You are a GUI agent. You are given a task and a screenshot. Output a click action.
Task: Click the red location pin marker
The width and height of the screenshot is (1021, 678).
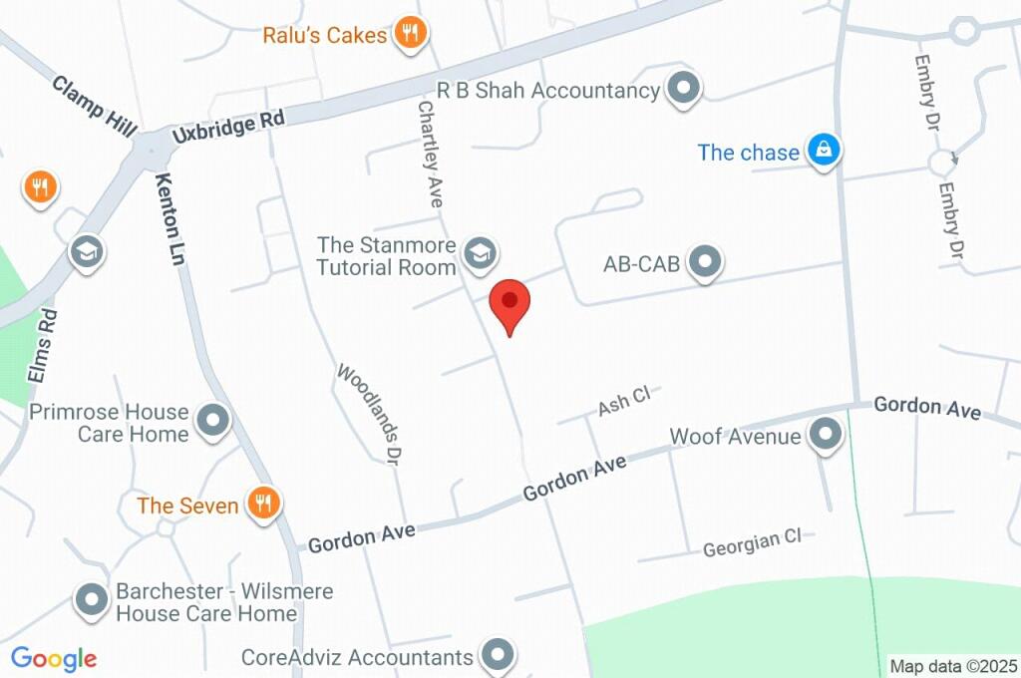(x=510, y=302)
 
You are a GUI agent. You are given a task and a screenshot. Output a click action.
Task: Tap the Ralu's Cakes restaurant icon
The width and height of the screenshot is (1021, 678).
(x=410, y=35)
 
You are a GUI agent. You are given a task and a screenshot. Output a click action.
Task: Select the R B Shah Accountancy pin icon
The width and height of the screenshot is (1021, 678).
(x=684, y=90)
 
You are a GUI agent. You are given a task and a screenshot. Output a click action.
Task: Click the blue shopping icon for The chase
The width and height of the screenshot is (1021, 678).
(x=824, y=152)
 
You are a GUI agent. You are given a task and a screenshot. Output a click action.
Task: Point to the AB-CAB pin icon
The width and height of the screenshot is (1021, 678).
(x=706, y=263)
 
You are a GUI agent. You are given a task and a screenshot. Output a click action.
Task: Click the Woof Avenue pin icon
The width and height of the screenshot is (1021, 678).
(x=826, y=436)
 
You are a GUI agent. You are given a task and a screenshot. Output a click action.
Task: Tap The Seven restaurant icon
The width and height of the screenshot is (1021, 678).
(x=264, y=505)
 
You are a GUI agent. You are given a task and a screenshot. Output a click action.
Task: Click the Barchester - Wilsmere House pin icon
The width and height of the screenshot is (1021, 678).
(x=93, y=601)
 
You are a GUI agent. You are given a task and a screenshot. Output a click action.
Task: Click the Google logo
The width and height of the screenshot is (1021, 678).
(x=54, y=658)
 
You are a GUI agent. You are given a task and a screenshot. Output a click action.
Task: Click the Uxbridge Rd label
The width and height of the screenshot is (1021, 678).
(x=227, y=126)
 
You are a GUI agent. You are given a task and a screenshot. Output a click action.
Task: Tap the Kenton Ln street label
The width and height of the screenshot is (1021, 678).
(x=171, y=219)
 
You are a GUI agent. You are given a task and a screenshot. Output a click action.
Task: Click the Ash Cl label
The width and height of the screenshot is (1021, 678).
(x=624, y=401)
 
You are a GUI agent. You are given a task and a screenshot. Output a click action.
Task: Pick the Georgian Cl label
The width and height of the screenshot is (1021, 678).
(x=752, y=543)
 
